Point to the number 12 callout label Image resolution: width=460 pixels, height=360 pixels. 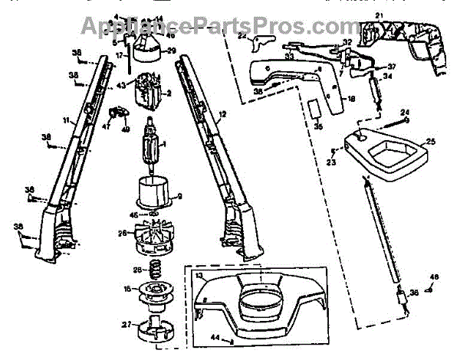[222, 115]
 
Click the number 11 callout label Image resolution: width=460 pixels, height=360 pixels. [67, 121]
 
